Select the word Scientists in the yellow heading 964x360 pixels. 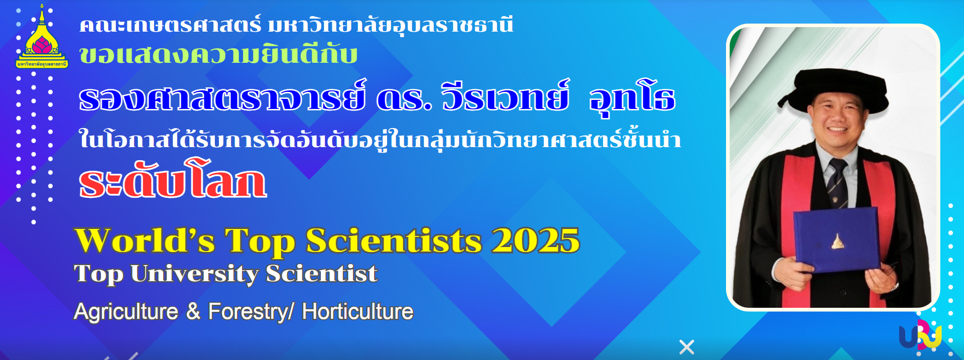[394, 241]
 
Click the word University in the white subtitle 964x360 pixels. [194, 274]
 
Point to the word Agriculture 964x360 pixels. [126, 312]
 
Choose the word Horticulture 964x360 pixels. [357, 312]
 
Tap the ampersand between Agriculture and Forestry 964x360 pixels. [193, 312]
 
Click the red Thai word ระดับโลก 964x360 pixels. [173, 180]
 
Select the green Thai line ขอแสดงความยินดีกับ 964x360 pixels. [218, 55]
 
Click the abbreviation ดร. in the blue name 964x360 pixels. [404, 97]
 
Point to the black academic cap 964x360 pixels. [833, 86]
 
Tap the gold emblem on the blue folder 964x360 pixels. [836, 242]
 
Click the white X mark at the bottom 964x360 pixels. [686, 347]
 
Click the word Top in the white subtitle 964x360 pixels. [98, 274]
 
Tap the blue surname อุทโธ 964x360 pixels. [632, 98]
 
